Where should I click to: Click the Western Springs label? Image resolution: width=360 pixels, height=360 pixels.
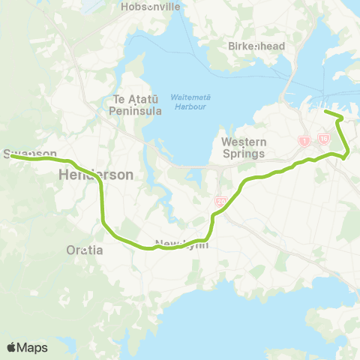point(244,148)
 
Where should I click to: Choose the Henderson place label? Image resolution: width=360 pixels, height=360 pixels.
point(96,174)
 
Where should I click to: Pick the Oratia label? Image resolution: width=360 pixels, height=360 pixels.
point(84,250)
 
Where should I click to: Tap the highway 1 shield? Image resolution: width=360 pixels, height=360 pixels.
point(305,140)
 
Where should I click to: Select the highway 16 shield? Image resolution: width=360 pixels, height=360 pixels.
point(324,139)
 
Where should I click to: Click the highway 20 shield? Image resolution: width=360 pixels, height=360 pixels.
point(221,201)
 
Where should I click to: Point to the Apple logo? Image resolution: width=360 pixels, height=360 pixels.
point(12,347)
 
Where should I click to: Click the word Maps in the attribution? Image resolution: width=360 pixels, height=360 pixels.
point(33,347)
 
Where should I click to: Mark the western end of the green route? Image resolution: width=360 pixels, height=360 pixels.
point(10,157)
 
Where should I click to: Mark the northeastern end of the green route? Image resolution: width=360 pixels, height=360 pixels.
point(325,112)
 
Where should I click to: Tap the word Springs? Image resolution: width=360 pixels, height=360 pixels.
point(244,154)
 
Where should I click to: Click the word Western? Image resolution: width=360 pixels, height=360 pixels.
point(244,142)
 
